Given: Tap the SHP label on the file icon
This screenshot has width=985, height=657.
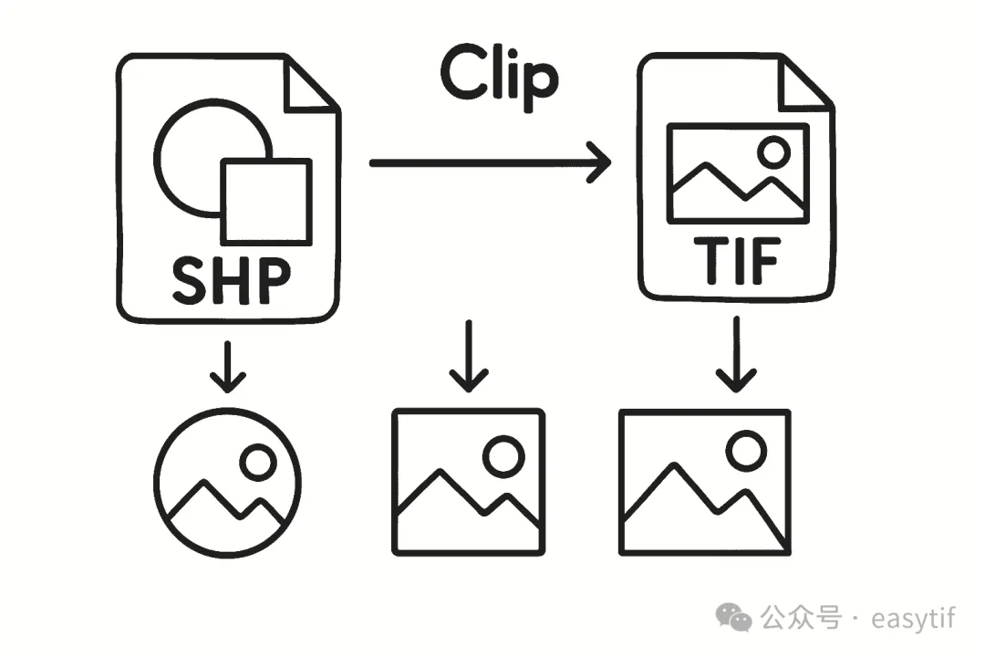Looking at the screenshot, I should click(232, 281).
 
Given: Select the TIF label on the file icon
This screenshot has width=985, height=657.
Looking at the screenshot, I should click(736, 262).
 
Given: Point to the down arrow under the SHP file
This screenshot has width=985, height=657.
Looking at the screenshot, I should click(228, 366).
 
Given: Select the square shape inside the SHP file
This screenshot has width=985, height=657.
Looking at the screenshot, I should click(266, 202).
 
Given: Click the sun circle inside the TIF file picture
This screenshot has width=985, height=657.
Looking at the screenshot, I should click(775, 151).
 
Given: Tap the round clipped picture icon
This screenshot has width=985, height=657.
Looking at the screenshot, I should click(227, 481).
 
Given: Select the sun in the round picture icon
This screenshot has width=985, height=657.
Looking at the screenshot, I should click(258, 462).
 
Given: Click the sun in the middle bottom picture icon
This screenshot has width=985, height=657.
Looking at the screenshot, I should click(503, 455).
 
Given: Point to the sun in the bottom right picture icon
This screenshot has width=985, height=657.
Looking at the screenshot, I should click(748, 449).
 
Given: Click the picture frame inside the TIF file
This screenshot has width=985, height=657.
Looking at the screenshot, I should click(738, 173).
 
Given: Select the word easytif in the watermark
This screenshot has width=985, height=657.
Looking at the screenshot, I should click(913, 618).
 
